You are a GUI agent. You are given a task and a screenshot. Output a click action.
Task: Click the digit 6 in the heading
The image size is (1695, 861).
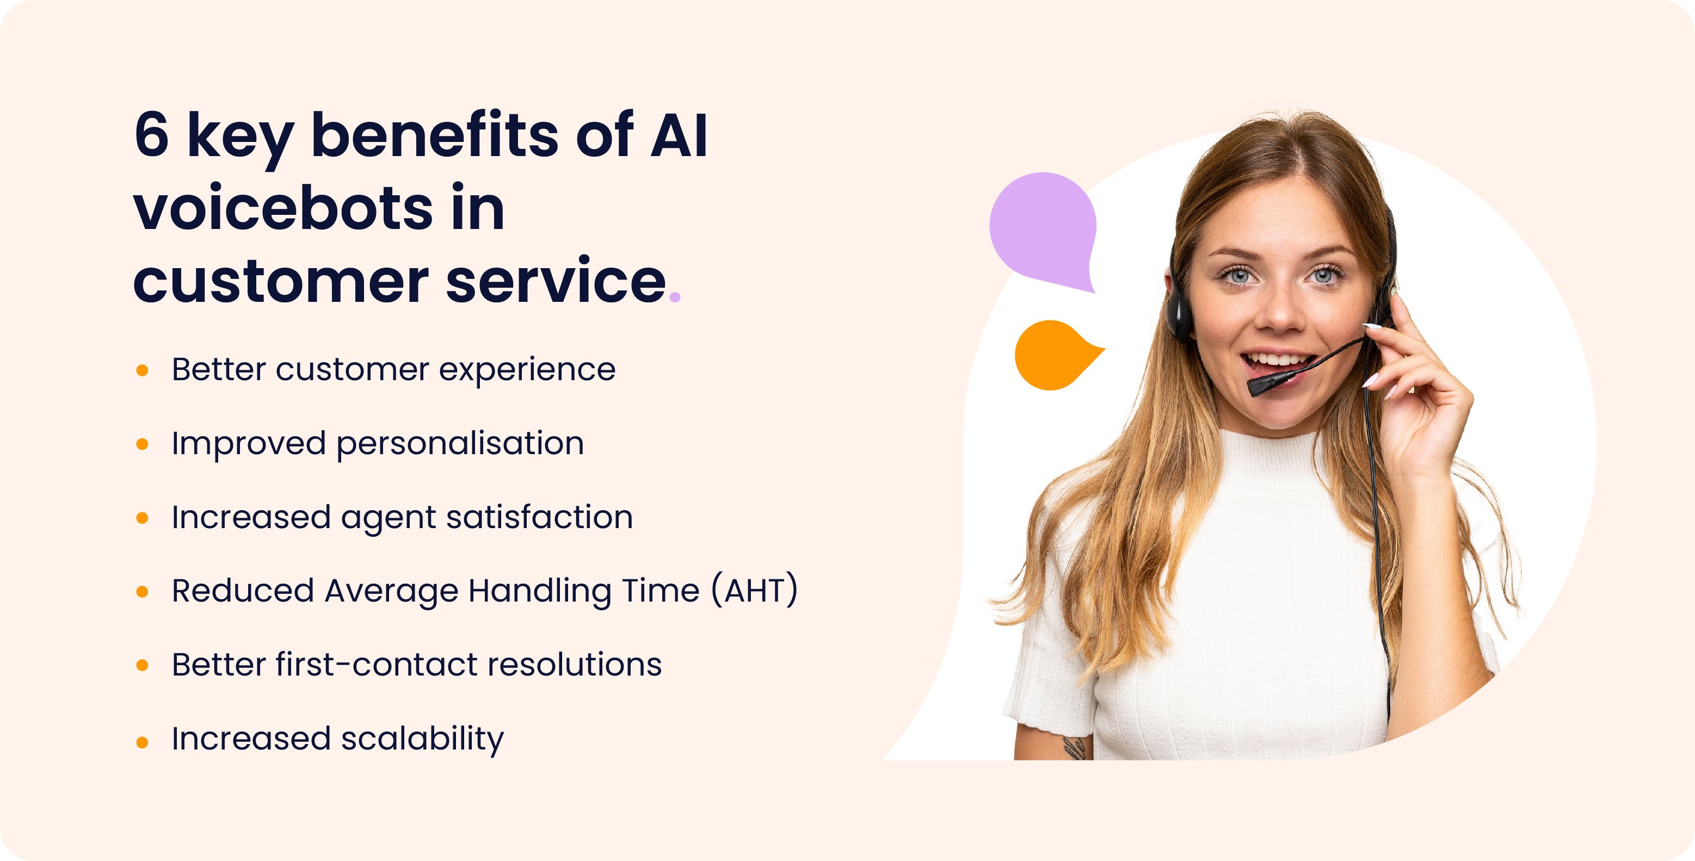pos(151,135)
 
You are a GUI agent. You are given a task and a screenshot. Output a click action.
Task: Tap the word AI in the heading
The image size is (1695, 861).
pos(679,135)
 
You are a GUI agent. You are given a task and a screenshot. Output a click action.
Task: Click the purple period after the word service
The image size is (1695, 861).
pos(674,298)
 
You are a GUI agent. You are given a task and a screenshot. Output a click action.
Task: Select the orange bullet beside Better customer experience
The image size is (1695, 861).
pos(142,370)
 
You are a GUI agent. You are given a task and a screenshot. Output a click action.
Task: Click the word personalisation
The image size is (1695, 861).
pos(460,443)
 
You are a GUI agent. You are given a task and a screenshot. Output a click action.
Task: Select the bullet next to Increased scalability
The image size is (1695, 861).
pos(142,742)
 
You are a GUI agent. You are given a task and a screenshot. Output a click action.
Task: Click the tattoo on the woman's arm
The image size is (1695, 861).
pos(1075,748)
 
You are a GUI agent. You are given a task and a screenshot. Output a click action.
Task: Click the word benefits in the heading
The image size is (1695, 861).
pos(435,135)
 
